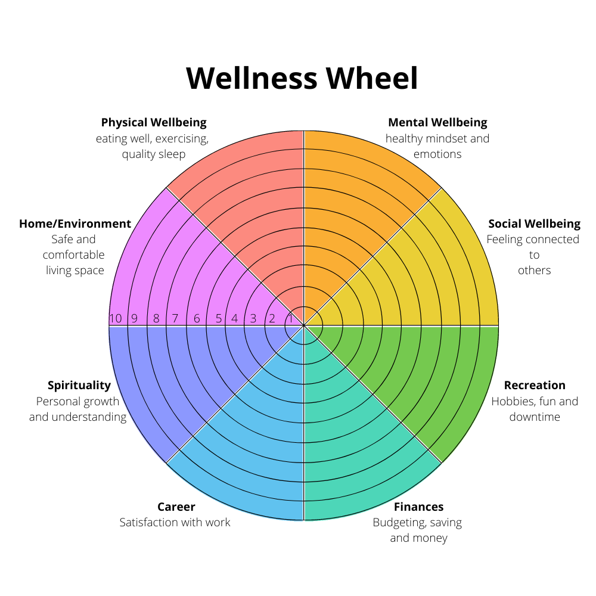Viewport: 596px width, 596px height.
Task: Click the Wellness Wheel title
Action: (x=302, y=78)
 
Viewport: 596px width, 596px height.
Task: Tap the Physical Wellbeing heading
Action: (x=154, y=122)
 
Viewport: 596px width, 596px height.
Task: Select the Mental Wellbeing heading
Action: (x=437, y=122)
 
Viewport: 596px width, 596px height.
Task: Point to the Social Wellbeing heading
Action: (x=535, y=223)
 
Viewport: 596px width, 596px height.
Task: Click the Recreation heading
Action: (x=535, y=385)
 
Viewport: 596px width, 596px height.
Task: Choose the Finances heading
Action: (x=418, y=507)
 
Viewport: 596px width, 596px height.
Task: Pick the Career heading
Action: (x=176, y=507)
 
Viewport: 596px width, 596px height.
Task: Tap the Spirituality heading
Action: (x=79, y=386)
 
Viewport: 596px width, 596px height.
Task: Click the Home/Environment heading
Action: (x=75, y=223)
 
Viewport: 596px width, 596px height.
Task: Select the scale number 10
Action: (x=116, y=318)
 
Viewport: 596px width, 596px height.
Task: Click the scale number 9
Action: (x=134, y=318)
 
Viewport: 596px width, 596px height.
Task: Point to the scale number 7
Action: (x=175, y=318)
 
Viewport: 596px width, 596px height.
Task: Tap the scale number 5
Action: (x=219, y=318)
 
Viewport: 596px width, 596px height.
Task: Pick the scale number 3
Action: (x=253, y=318)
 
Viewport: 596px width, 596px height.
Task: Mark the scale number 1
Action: (x=290, y=318)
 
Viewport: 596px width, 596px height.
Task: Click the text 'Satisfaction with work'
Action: (x=175, y=522)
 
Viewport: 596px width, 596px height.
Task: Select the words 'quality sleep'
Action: (x=154, y=154)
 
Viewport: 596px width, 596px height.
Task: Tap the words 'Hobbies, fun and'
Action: (x=535, y=401)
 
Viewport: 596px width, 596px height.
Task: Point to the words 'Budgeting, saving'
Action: (x=417, y=523)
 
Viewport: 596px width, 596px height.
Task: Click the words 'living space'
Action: (x=75, y=270)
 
